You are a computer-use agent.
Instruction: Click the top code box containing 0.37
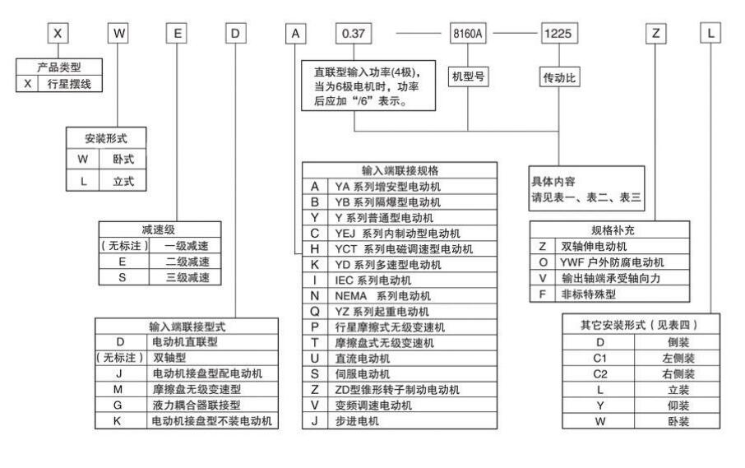click(354, 35)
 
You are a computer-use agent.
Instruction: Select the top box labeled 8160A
click(469, 35)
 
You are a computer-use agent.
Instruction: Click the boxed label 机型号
click(468, 76)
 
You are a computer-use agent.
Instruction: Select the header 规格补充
click(608, 230)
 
